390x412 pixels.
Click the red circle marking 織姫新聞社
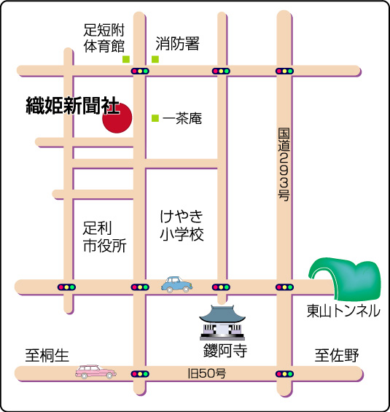tap(117, 118)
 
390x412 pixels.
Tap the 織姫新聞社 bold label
tap(73, 106)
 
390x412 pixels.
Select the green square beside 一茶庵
tap(155, 118)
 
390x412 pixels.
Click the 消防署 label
tap(178, 43)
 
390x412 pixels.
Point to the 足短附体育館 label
tap(104, 38)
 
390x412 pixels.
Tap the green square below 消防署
tap(155, 59)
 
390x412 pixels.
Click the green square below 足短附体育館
tap(126, 59)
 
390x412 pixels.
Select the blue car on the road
tap(176, 284)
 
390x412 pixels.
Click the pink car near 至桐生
tap(95, 372)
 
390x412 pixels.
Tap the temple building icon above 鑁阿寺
tap(222, 322)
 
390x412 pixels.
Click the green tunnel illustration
tap(345, 278)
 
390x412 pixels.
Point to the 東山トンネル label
tap(343, 311)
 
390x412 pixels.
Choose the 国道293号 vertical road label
tap(284, 165)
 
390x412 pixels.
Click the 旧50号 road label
tap(207, 373)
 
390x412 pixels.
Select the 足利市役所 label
tap(104, 237)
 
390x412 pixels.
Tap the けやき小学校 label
tap(182, 225)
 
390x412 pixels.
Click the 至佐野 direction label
tap(337, 355)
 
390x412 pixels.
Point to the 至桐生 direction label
tap(47, 355)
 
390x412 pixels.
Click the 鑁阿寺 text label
tap(225, 350)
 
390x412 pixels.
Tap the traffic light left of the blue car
tap(140, 287)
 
